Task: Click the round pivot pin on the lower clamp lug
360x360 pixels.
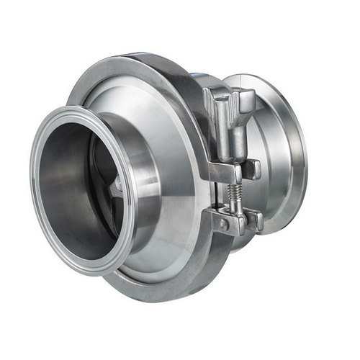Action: (224, 224)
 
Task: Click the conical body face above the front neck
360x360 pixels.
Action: (144, 108)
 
